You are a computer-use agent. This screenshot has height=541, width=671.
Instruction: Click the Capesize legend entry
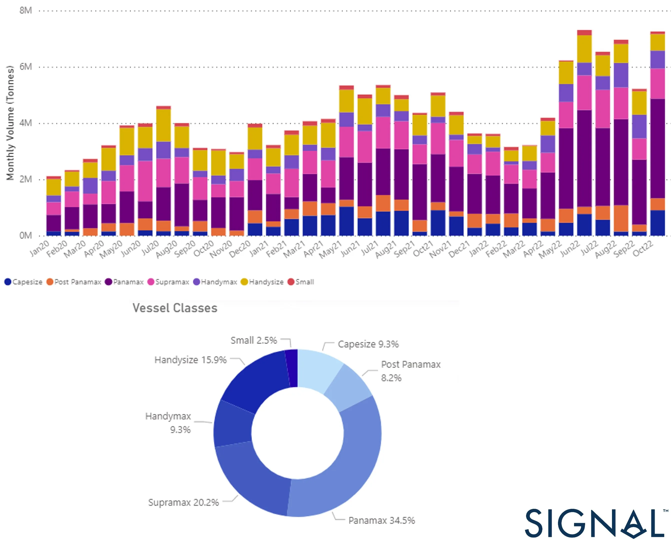[x=23, y=282]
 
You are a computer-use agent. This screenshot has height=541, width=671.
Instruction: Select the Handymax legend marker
[x=197, y=282]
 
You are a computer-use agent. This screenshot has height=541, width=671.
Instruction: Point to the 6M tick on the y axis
[x=25, y=67]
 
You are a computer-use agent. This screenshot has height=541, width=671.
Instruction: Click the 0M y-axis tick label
[x=25, y=235]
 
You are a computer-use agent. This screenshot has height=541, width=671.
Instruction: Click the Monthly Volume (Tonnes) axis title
[x=10, y=123]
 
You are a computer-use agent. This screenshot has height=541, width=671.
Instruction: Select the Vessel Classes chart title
[x=175, y=308]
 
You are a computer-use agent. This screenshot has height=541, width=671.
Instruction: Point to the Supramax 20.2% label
[x=183, y=503]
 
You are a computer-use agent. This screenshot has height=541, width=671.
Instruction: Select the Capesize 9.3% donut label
[x=368, y=344]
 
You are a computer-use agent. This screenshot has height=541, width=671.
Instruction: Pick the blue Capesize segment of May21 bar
[x=346, y=221]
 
